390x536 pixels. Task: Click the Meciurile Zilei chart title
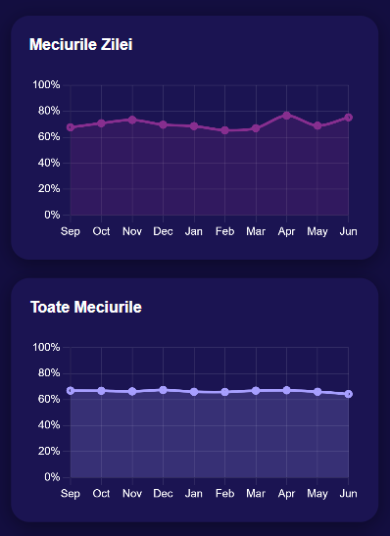click(81, 45)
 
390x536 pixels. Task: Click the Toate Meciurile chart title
click(86, 308)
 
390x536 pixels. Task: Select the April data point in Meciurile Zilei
click(287, 115)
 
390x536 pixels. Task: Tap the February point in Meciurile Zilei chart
click(225, 130)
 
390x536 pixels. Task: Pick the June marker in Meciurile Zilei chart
click(349, 118)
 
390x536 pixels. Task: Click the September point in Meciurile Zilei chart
click(71, 127)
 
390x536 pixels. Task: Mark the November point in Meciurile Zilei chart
click(132, 120)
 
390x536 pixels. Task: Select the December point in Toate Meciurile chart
click(164, 390)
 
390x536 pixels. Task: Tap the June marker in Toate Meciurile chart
click(349, 394)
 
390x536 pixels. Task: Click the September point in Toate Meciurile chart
click(71, 391)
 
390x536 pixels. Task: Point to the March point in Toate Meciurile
click(256, 391)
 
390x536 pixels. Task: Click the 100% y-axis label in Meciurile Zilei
click(46, 85)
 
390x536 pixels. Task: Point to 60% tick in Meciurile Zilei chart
click(49, 137)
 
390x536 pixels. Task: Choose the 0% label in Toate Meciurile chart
click(52, 477)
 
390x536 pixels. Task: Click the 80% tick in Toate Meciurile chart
click(49, 373)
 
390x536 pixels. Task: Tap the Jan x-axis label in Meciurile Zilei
click(194, 231)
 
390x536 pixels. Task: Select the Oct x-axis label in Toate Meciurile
click(101, 494)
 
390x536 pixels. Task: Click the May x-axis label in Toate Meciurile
click(317, 494)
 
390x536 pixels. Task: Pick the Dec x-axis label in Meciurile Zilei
click(163, 231)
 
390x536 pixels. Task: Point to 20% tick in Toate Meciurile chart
click(49, 452)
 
